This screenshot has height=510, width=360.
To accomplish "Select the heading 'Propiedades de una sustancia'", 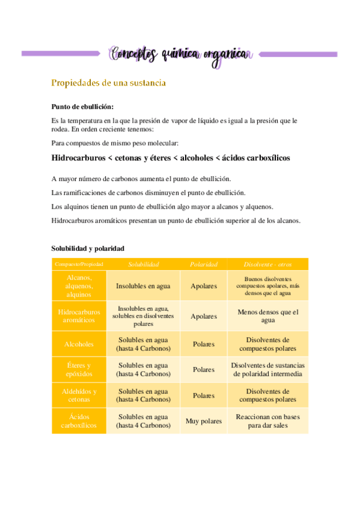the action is click(108, 82).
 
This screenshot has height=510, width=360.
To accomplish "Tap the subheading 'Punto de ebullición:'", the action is click(82, 106).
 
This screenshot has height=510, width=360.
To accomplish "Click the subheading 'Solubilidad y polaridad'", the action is click(88, 248).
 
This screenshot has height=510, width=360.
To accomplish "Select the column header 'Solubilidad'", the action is click(143, 264).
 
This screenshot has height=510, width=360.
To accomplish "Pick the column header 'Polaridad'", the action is click(204, 264).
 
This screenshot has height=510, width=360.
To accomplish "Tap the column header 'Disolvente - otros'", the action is click(267, 264).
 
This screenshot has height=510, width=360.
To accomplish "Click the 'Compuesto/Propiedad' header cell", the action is click(79, 264).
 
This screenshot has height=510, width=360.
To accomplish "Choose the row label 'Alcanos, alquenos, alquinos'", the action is click(79, 286).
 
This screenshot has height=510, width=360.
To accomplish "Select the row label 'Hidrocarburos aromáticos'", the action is click(79, 316).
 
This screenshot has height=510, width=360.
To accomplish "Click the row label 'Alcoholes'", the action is click(79, 344).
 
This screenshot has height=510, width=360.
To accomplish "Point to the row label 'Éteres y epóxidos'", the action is click(79, 369).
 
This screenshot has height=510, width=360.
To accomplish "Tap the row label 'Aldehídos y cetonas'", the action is click(79, 395).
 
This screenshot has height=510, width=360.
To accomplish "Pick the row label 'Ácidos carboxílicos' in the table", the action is click(79, 421).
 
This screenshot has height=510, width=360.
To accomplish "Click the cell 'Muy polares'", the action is click(204, 421).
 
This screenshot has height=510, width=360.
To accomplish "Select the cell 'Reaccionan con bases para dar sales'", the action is click(267, 421).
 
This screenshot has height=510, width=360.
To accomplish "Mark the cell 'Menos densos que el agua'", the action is click(267, 316).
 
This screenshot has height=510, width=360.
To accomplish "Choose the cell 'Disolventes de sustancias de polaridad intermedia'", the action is click(267, 369).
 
